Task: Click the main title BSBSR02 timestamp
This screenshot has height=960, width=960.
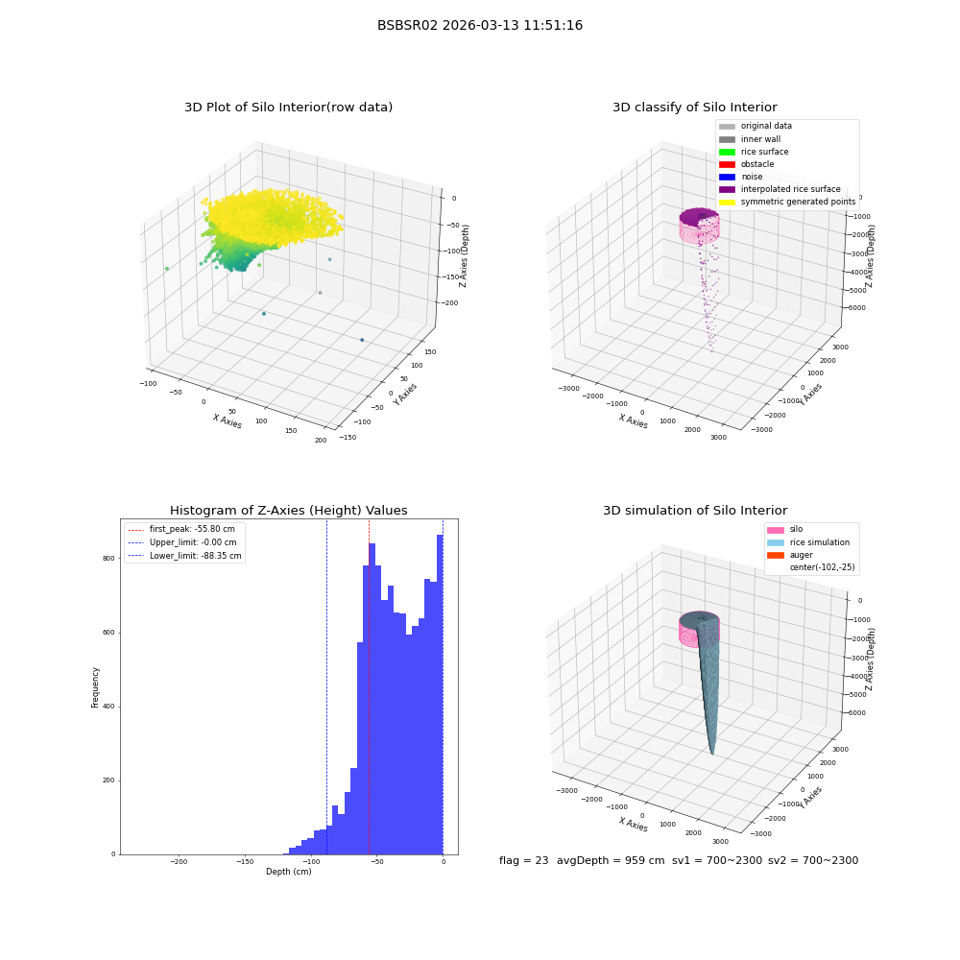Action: click(x=480, y=25)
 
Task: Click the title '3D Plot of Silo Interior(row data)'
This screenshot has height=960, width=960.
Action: click(x=288, y=108)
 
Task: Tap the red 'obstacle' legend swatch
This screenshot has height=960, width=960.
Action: click(x=727, y=164)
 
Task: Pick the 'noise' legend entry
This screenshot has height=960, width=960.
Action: click(x=741, y=177)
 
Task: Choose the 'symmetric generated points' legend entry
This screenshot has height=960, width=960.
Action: click(x=787, y=202)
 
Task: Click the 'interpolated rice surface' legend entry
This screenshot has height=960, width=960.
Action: click(x=780, y=189)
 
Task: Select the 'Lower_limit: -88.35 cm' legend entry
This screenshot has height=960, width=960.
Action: click(x=184, y=556)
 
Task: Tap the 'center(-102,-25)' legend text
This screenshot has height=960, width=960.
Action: click(x=823, y=567)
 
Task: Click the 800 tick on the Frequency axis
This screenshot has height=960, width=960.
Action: click(x=108, y=559)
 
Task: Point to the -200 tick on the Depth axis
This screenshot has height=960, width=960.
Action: click(x=179, y=861)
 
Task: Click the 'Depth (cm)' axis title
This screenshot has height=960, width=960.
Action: click(x=289, y=872)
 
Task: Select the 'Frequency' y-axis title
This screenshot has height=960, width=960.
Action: click(x=95, y=687)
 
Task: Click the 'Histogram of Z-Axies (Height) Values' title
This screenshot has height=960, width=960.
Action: click(x=288, y=511)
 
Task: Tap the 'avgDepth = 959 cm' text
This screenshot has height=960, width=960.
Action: click(x=611, y=860)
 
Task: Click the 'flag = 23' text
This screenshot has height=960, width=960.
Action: click(x=523, y=860)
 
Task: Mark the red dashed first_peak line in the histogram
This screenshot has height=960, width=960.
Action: click(x=369, y=687)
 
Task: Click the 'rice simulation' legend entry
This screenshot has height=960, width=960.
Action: click(x=808, y=542)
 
